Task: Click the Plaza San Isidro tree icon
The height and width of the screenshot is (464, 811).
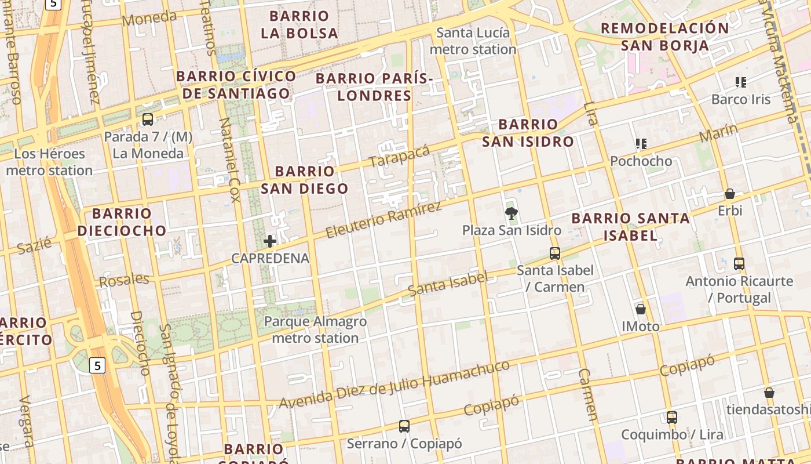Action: (511, 213)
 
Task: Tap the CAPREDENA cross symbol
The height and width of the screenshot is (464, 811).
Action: (270, 241)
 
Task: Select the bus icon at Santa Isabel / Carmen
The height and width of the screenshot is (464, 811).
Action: (555, 253)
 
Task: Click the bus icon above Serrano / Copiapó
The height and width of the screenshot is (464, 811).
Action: (404, 427)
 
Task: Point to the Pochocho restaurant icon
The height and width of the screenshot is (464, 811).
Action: (641, 144)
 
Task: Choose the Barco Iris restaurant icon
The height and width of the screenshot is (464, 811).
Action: (741, 82)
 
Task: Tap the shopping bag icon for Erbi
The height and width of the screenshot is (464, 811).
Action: (730, 194)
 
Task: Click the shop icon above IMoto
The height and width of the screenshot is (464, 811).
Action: (641, 309)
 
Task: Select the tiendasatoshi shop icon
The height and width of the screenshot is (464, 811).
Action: (769, 393)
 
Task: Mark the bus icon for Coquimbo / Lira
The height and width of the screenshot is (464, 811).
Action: (672, 418)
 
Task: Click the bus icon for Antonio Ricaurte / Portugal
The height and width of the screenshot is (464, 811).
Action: (739, 264)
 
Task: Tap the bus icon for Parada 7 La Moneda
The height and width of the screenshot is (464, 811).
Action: (148, 119)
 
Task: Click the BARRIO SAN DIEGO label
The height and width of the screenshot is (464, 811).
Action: (305, 180)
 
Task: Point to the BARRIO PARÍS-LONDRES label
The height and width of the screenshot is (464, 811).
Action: (374, 87)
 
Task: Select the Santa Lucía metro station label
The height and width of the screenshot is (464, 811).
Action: (473, 41)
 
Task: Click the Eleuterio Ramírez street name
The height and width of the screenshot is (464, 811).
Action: (383, 220)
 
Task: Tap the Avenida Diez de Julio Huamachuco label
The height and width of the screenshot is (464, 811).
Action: (394, 384)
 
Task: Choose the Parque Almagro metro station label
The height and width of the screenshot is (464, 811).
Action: (315, 329)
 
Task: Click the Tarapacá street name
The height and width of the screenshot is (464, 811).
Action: (399, 156)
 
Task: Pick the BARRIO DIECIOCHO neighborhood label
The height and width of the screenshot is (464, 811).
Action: (122, 222)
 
